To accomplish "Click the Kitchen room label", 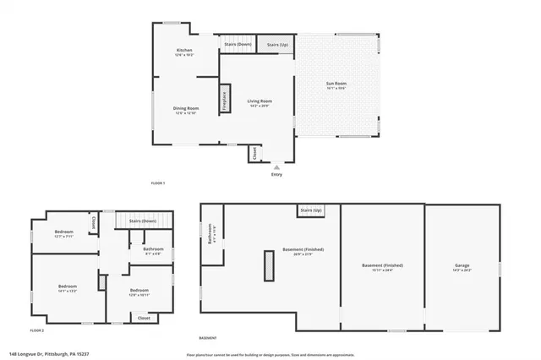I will [x=184, y=52].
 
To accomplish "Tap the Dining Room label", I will [x=186, y=109].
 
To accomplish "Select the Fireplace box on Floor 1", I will [x=225, y=97].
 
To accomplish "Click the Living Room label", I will [x=259, y=102].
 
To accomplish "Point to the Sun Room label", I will [x=337, y=85].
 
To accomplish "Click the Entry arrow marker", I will [x=276, y=166].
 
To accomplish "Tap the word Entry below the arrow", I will [x=276, y=175].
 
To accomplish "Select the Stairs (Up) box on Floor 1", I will [x=277, y=44].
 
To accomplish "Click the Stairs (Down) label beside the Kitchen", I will [x=238, y=44].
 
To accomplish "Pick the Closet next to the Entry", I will [x=253, y=154].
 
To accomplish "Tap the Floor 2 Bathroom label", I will [x=153, y=250].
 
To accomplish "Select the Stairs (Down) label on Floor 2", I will [x=143, y=221].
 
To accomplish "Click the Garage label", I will [x=462, y=266].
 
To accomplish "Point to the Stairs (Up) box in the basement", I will [x=311, y=210].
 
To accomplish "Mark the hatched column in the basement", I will [x=269, y=266].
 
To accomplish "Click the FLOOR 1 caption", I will [x=157, y=183].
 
